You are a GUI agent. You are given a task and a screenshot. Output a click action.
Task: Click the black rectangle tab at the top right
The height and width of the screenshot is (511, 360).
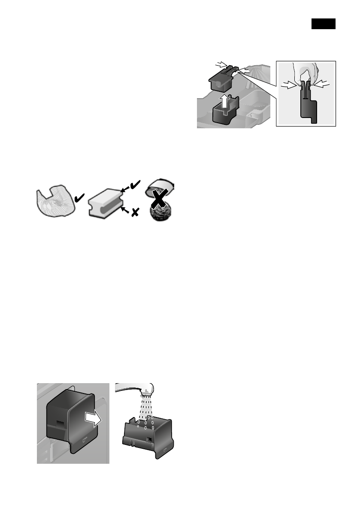point(323,24)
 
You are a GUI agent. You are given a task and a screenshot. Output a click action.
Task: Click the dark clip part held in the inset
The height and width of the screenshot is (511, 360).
point(307,105)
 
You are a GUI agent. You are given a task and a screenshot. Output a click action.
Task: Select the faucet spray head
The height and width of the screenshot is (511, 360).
point(147,391)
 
